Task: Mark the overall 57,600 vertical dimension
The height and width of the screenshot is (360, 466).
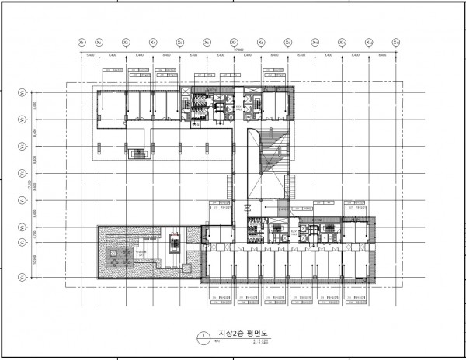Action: point(29,186)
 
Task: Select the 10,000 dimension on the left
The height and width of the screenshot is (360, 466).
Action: point(35,261)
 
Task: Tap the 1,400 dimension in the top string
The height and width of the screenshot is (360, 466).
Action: point(90,56)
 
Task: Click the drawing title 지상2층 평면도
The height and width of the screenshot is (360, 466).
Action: point(239,335)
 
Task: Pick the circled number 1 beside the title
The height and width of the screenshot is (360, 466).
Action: point(203,337)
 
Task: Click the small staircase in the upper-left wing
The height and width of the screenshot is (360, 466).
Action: point(141,154)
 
